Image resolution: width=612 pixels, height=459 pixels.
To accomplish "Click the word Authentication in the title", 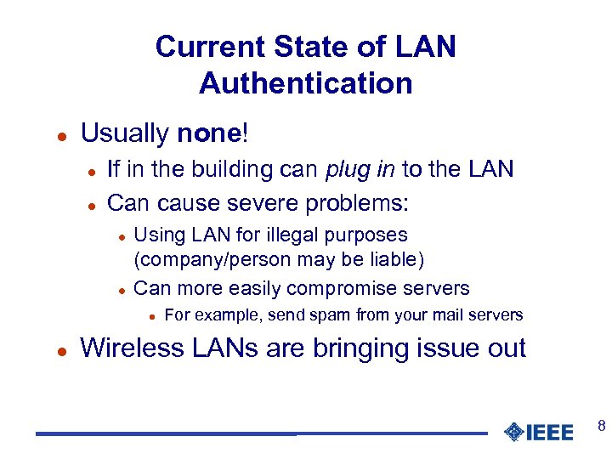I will (x=306, y=83).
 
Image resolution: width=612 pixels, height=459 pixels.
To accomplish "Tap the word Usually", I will (x=125, y=133).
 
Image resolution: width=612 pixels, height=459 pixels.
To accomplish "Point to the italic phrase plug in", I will (x=360, y=168).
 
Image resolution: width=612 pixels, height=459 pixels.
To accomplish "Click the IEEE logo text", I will (x=550, y=433).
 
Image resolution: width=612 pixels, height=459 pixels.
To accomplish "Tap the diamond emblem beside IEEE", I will (x=513, y=433).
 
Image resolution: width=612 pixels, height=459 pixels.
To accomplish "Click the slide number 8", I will (x=601, y=425).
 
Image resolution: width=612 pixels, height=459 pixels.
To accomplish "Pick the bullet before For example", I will (x=150, y=316).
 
